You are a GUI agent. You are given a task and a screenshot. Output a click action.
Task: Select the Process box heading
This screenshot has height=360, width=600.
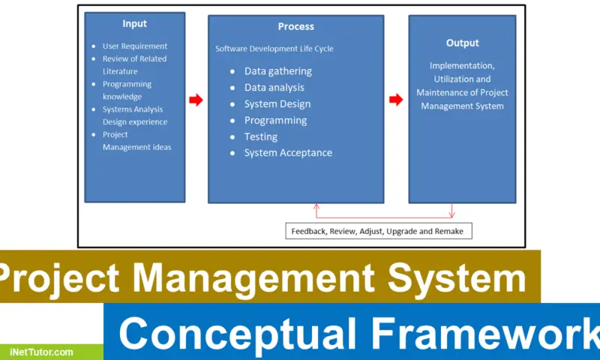(x=295, y=27)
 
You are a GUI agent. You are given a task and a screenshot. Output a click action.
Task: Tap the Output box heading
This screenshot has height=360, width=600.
(x=462, y=43)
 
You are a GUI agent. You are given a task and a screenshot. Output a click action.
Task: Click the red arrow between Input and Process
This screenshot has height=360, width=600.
(x=196, y=100)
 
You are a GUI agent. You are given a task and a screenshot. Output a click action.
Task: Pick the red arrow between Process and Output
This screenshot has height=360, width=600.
(x=396, y=100)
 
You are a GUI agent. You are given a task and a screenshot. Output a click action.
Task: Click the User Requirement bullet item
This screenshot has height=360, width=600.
(x=134, y=46)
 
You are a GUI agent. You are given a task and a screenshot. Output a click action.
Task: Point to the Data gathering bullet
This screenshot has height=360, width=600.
(x=277, y=71)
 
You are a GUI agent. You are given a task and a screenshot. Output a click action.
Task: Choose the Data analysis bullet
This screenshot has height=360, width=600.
(x=275, y=88)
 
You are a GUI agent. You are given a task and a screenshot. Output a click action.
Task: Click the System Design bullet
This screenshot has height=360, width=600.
(x=277, y=104)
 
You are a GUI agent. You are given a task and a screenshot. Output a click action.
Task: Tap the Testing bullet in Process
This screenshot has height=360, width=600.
(x=260, y=136)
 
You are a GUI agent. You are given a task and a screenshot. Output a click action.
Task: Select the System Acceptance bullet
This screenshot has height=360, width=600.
(x=288, y=153)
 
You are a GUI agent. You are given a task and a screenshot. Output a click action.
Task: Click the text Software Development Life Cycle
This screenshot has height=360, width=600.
(x=274, y=49)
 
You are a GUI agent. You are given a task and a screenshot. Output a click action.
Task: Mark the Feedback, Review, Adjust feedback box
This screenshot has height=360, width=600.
(x=379, y=231)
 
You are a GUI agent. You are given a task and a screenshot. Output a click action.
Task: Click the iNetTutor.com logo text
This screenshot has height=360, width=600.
(x=42, y=351)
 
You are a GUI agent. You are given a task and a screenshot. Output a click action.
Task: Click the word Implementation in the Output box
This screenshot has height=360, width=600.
(x=461, y=65)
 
